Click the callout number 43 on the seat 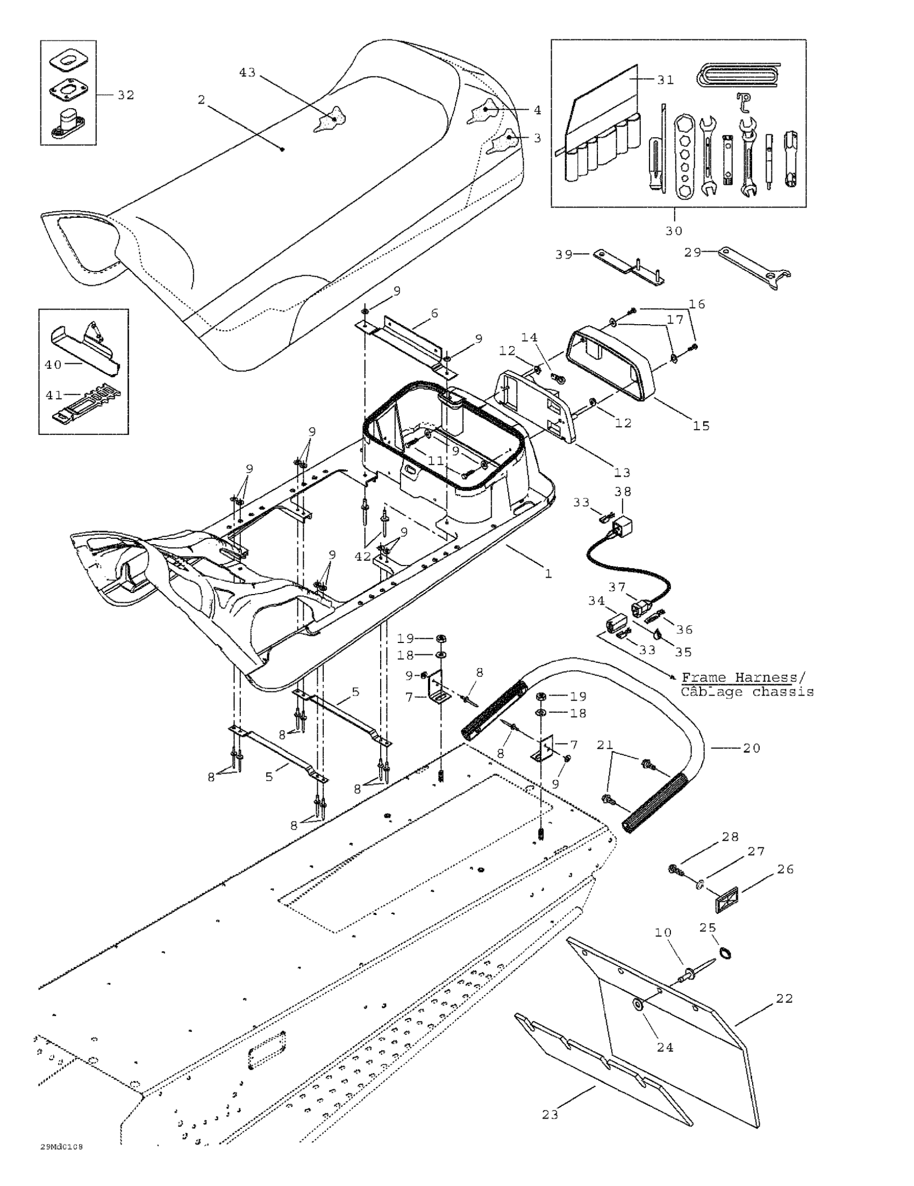pyautogui.click(x=247, y=72)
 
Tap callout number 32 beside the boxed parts pyautogui.click(x=125, y=95)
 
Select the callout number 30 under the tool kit pyautogui.click(x=674, y=231)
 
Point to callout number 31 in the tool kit pyautogui.click(x=665, y=80)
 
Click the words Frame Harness pyautogui.click(x=739, y=677)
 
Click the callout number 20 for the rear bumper pyautogui.click(x=752, y=748)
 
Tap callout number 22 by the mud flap pyautogui.click(x=784, y=998)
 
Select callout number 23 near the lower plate pyautogui.click(x=550, y=1114)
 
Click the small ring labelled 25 pyautogui.click(x=724, y=952)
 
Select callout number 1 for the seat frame pyautogui.click(x=548, y=573)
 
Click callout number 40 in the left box pyautogui.click(x=53, y=365)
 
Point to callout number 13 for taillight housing pyautogui.click(x=623, y=472)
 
